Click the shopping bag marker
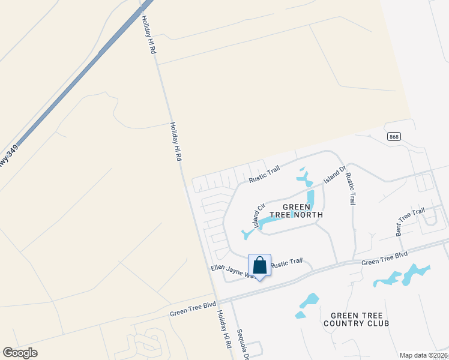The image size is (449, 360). (x=259, y=265)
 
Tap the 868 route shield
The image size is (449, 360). (x=394, y=137)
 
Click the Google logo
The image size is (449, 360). (x=20, y=353)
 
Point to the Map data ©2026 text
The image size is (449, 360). (x=424, y=355)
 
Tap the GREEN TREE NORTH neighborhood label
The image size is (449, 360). (x=303, y=211)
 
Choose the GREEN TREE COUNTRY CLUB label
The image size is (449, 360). (x=356, y=319)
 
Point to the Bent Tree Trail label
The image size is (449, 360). (x=410, y=220)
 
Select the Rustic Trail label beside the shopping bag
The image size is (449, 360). (x=286, y=263)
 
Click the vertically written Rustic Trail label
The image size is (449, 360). (x=351, y=187)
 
